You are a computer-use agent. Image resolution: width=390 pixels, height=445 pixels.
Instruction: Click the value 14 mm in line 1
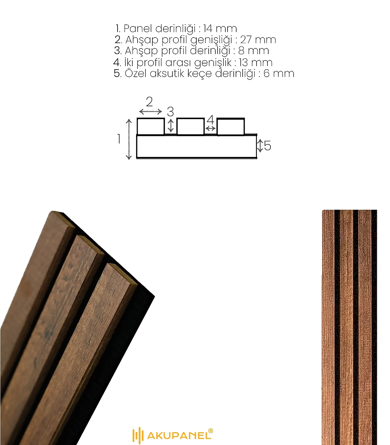point(220,28)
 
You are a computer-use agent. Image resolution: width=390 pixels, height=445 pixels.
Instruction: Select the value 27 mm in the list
point(258,39)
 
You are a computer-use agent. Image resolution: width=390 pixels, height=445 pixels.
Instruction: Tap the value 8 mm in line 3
point(253,51)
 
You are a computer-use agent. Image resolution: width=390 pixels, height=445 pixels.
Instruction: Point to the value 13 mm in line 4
point(255,62)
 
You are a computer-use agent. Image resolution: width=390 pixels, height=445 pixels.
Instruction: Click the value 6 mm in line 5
point(279,73)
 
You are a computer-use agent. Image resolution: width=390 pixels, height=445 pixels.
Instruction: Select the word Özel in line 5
point(135,73)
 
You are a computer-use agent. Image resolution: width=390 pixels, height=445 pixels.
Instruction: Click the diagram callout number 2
point(149,102)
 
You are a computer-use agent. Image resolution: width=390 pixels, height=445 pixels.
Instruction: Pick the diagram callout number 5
point(267,145)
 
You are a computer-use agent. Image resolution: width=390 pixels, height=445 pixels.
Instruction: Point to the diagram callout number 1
point(119,139)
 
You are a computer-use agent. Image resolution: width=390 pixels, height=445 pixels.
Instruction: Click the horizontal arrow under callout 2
point(150,112)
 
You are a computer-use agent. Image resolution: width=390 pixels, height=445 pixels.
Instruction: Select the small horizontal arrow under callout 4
point(210,128)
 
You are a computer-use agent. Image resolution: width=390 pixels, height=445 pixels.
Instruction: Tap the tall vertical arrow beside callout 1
point(129,139)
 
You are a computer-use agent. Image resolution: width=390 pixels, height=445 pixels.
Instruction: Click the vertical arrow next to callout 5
point(260,146)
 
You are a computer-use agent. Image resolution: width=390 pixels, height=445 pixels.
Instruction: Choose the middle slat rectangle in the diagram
point(191,127)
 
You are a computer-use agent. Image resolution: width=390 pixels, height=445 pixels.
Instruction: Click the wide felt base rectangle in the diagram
point(196,146)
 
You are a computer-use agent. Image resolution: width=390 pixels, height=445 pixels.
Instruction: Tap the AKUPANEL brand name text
point(179,435)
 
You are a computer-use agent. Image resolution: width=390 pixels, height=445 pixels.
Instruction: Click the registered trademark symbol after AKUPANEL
point(211,431)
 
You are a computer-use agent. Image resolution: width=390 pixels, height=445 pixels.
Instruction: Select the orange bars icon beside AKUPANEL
point(138,436)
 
